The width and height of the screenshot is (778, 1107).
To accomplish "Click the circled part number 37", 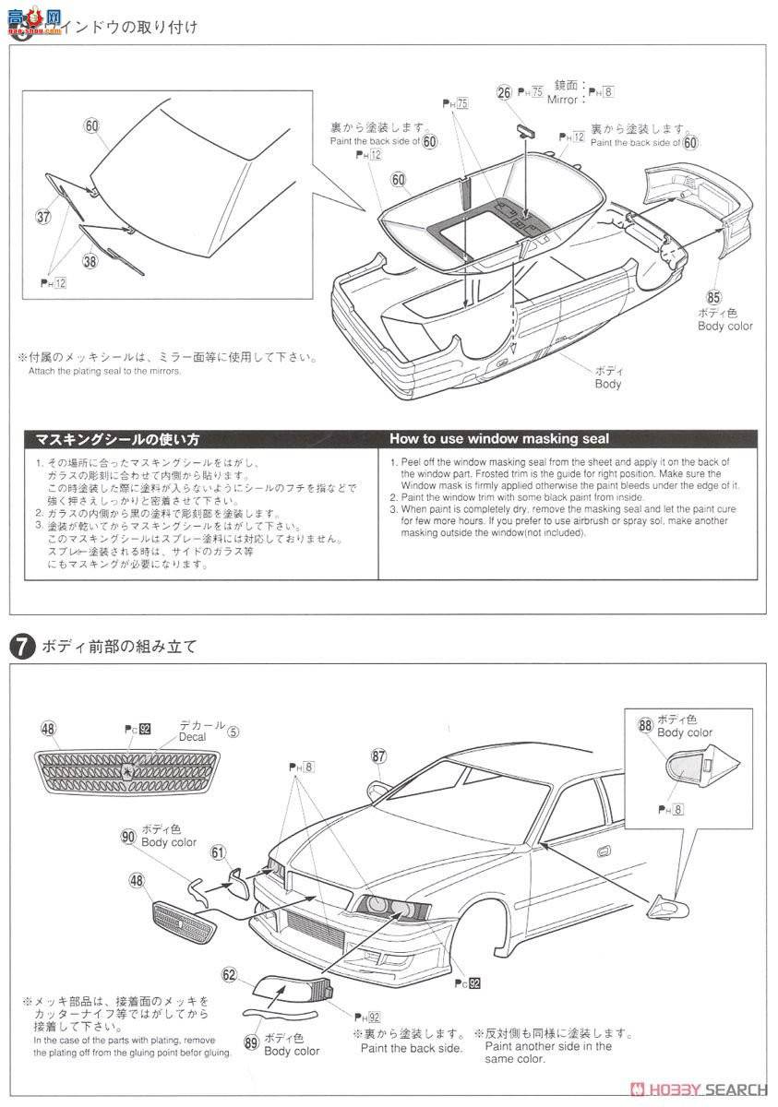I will [x=43, y=217].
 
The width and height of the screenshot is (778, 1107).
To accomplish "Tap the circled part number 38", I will [x=90, y=261].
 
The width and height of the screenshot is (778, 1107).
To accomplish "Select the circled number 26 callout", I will [x=504, y=91].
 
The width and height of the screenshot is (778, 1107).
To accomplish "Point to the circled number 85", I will [x=713, y=297].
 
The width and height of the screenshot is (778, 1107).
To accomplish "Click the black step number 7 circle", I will [x=20, y=647].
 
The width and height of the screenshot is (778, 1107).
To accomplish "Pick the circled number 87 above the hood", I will [x=378, y=756].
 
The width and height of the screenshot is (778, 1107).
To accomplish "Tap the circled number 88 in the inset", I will [x=645, y=725].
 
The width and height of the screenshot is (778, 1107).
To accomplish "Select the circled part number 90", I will [x=128, y=836].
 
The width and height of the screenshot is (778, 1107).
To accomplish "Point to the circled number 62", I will [x=230, y=972].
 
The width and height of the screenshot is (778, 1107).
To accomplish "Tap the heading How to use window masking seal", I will [x=499, y=439].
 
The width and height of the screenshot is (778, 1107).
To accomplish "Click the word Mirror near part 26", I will [x=561, y=99].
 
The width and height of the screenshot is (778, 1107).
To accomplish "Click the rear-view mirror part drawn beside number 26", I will [x=524, y=128].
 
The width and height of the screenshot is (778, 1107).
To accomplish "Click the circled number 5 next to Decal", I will [x=234, y=733].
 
